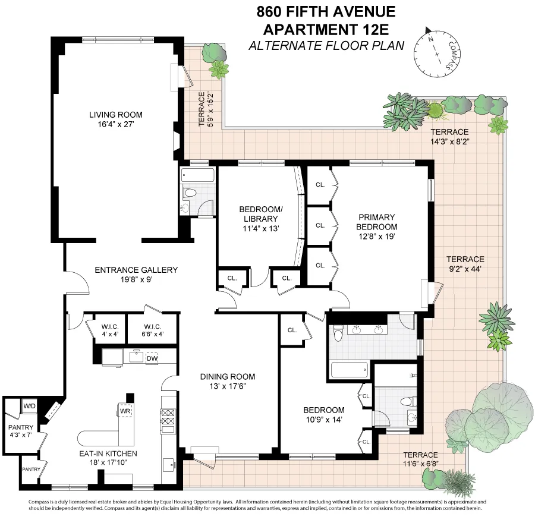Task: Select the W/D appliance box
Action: pyautogui.click(x=29, y=406)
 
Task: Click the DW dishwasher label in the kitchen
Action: pyautogui.click(x=152, y=358)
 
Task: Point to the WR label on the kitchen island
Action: pyautogui.click(x=125, y=411)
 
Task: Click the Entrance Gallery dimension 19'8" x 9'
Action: pyautogui.click(x=136, y=279)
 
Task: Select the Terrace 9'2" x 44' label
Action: pyautogui.click(x=465, y=264)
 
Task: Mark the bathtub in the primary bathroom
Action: pyautogui.click(x=348, y=371)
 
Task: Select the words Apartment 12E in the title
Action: pyautogui.click(x=326, y=28)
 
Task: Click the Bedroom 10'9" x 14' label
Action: pyautogui.click(x=323, y=415)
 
